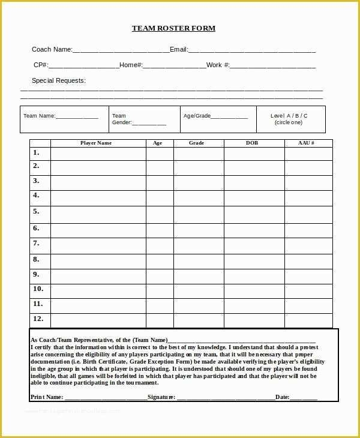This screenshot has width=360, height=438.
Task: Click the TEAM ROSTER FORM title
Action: [x=173, y=28]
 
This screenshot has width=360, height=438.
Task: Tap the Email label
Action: [x=179, y=50]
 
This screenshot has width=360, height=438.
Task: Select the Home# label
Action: [x=131, y=65]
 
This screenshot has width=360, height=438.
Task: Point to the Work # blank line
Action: [x=272, y=66]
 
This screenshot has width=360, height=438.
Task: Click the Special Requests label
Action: [x=59, y=80]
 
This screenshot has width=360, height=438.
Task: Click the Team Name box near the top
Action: [x=64, y=119]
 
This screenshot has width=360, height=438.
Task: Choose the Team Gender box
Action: [x=145, y=119]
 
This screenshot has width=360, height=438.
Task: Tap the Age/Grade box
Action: [x=218, y=119]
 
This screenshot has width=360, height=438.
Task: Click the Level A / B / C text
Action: [x=289, y=116]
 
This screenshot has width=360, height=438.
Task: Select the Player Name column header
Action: [x=96, y=143]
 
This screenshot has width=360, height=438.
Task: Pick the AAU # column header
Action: [x=307, y=143]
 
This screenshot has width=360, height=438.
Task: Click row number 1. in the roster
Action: [x=36, y=152]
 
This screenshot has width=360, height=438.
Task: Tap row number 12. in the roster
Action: [x=38, y=319]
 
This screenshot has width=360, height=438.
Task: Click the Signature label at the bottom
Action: [x=161, y=397]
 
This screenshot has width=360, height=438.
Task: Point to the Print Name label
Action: [x=47, y=397]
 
